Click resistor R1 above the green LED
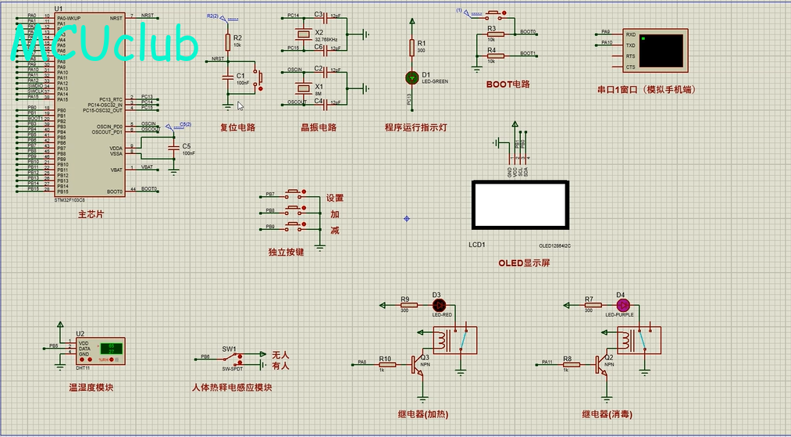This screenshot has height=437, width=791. [x=412, y=48]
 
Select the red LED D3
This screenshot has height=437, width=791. [x=438, y=304]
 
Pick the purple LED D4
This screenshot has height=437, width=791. [x=622, y=304]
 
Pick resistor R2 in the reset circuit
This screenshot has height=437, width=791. [x=227, y=41]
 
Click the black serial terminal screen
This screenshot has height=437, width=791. [x=662, y=49]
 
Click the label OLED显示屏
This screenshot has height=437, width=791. [x=524, y=263]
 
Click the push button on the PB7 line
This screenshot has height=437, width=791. [x=295, y=194]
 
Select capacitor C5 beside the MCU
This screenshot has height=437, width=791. [x=173, y=148]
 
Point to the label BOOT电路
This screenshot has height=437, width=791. [x=508, y=84]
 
